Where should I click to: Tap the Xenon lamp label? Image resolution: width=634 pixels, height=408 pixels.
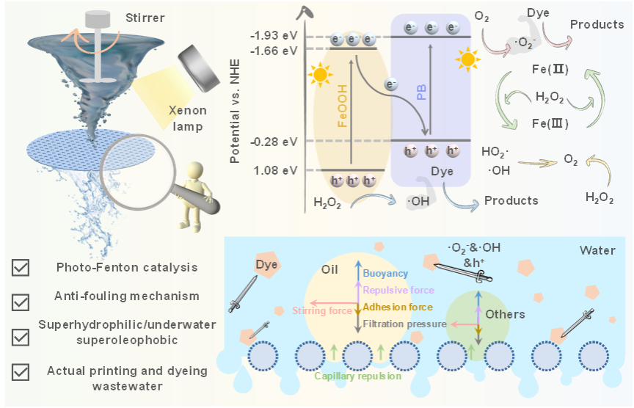187,118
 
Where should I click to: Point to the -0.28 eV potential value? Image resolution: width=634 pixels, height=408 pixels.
274,141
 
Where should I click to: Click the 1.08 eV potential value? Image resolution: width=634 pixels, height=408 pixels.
276,171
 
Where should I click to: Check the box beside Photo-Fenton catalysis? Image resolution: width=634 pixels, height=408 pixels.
21,268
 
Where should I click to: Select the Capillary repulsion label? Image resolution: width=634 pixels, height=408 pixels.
358,376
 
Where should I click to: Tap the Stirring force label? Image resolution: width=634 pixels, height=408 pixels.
321,310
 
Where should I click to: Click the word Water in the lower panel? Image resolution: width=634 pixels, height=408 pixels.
597,250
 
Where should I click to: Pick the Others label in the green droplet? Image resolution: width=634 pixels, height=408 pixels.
506,314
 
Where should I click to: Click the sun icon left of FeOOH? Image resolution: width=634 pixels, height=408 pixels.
318,75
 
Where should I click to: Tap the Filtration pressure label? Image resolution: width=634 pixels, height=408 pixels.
404,323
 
